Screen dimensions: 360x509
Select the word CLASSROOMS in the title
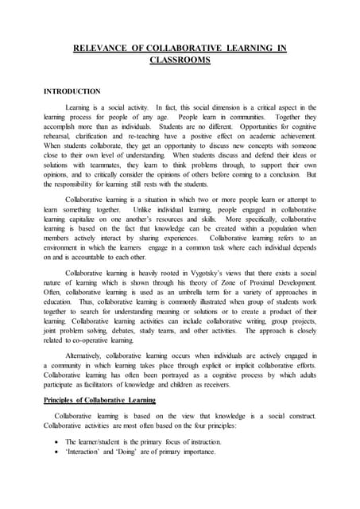180,60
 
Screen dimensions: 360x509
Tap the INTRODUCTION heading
72,91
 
